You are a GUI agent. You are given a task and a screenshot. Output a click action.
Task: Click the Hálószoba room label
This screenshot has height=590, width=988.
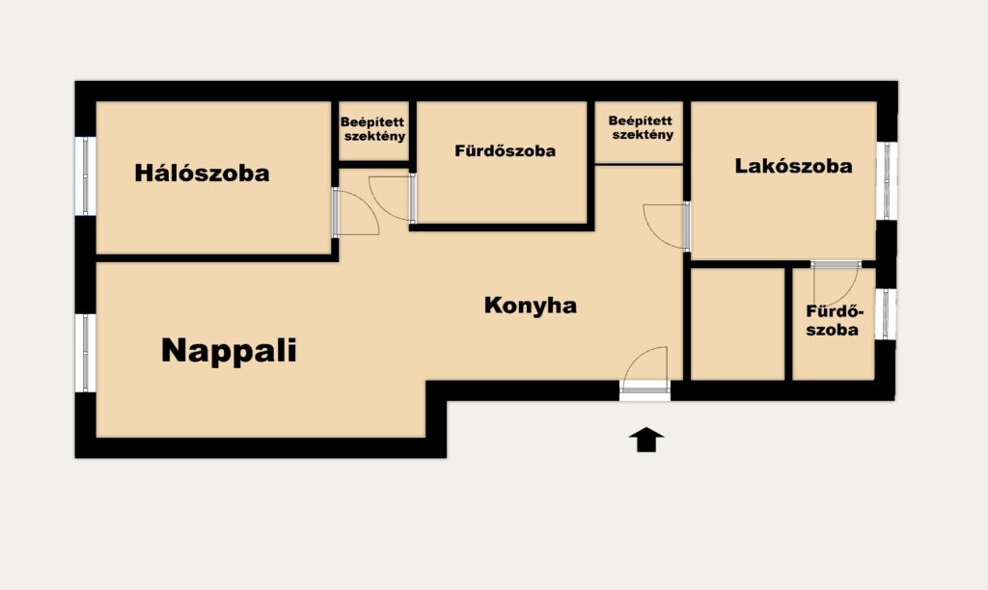(x=202, y=173)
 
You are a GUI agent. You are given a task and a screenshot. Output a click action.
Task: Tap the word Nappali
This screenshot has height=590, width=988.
(x=229, y=350)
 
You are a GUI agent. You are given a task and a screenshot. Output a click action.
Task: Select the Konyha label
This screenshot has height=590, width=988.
(x=530, y=306)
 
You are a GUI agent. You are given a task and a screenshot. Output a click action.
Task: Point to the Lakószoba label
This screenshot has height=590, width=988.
(x=793, y=166)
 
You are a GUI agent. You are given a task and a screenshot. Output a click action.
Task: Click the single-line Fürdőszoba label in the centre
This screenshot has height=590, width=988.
(x=506, y=150)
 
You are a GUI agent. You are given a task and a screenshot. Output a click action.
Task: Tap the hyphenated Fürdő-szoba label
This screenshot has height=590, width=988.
(x=833, y=320)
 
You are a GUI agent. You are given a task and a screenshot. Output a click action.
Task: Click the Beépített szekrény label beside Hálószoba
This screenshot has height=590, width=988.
(x=373, y=129)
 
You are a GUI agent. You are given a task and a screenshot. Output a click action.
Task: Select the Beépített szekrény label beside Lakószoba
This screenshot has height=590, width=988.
(x=641, y=127)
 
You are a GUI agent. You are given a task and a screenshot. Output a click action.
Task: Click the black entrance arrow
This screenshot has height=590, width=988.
(x=646, y=440)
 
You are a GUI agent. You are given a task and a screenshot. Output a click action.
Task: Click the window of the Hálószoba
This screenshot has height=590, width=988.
(x=86, y=175)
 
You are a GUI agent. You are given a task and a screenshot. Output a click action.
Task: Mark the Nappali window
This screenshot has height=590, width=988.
(x=86, y=353)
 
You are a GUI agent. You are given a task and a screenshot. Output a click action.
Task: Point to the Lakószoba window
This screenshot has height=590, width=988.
(x=886, y=180)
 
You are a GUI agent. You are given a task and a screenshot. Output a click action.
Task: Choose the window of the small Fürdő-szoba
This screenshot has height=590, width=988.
(x=886, y=313)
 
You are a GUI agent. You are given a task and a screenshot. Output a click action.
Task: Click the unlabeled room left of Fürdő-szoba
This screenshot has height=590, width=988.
(x=738, y=324)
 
